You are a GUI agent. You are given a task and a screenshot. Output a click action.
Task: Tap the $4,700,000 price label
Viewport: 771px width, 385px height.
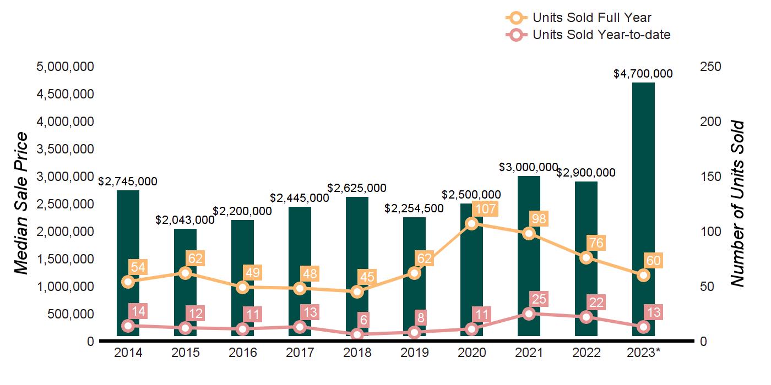coord(643,73)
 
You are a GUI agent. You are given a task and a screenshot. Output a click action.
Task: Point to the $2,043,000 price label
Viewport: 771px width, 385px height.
coord(185,220)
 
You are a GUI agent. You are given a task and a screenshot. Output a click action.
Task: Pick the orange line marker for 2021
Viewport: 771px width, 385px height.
coord(529,233)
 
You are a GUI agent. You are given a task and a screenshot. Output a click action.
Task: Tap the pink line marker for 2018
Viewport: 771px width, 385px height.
coord(357,334)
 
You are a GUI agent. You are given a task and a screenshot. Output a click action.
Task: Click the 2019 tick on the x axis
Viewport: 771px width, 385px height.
coord(414,353)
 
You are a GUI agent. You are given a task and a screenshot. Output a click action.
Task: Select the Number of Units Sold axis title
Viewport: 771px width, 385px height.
coord(737,204)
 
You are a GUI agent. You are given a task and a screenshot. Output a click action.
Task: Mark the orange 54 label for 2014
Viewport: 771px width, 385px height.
coord(137,267)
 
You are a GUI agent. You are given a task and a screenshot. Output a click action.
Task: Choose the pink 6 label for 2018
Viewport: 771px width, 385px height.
coord(363,320)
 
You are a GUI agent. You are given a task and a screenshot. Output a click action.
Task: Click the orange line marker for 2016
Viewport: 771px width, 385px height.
coord(242,287)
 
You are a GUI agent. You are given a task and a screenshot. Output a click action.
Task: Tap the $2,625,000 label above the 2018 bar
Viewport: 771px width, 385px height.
coord(356,188)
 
